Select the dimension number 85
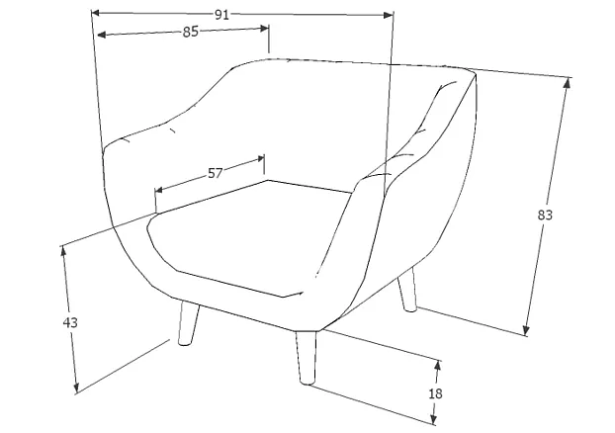(191, 32)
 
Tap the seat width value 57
(215, 173)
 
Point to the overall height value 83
(545, 214)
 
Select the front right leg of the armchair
(305, 359)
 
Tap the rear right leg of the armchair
(406, 293)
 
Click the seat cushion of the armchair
(247, 237)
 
